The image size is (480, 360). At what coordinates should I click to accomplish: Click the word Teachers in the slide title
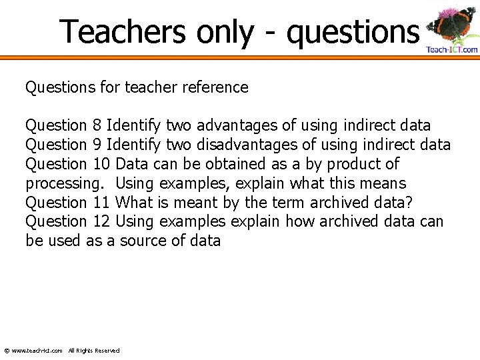pos(123,31)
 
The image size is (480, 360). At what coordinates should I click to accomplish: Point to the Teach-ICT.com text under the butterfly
pos(452,50)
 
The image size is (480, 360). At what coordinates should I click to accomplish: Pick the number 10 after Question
pos(101,164)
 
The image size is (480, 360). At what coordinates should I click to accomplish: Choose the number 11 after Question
pos(101,203)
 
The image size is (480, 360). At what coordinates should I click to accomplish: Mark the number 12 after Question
pos(101,221)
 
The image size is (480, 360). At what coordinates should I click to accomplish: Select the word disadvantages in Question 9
pos(247,145)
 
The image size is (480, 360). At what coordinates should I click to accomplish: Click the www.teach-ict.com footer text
pos(37,351)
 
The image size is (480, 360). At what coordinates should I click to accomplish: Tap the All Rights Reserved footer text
pos(94,351)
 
